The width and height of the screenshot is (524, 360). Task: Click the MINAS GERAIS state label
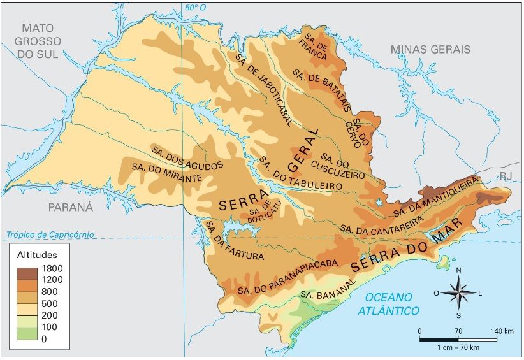click(x=430, y=49)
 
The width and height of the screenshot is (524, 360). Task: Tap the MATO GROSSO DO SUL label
click(x=38, y=41)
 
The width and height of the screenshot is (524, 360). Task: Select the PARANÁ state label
click(x=71, y=207)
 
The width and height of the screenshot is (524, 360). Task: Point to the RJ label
click(x=506, y=176)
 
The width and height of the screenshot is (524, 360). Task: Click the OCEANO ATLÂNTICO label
click(x=388, y=304)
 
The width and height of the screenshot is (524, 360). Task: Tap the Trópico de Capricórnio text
click(x=52, y=235)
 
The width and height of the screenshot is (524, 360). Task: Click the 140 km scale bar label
click(x=503, y=331)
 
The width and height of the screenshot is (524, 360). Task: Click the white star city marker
click(x=380, y=202)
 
